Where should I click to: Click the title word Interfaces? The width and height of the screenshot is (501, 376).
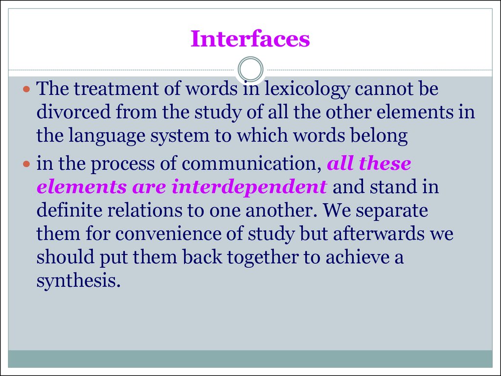pyautogui.click(x=250, y=39)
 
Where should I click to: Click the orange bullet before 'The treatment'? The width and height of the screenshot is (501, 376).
pyautogui.click(x=26, y=89)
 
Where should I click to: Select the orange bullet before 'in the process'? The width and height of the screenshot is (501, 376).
pyautogui.click(x=26, y=164)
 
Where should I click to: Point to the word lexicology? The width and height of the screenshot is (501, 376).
pyautogui.click(x=307, y=89)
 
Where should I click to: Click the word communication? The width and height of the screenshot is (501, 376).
pyautogui.click(x=251, y=164)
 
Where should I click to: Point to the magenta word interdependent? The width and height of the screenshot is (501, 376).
pyautogui.click(x=249, y=188)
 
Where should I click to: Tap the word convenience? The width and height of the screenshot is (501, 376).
pyautogui.click(x=168, y=234)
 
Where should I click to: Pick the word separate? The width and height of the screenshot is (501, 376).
pyautogui.click(x=392, y=211)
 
